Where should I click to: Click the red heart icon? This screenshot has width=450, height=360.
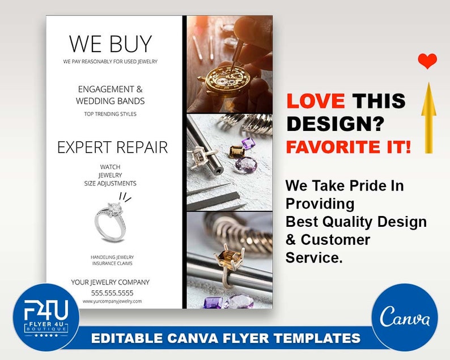tap(427, 61)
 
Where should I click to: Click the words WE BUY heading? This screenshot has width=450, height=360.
tap(111, 44)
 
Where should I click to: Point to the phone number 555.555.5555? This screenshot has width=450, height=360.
tap(112, 293)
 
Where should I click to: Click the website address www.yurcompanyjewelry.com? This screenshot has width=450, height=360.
tap(112, 302)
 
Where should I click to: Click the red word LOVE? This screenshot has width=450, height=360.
tap(316, 101)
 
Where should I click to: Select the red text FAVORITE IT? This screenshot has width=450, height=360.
tap(349, 147)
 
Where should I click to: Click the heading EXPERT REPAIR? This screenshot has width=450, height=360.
tap(112, 148)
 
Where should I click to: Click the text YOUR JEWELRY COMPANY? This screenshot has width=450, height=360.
tap(111, 282)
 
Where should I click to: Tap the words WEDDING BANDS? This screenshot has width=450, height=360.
tap(111, 101)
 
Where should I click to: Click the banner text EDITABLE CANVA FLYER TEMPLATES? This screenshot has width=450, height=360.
tap(226, 338)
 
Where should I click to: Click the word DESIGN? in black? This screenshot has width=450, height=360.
tap(336, 124)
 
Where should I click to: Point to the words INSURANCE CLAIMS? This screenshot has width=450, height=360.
tap(112, 264)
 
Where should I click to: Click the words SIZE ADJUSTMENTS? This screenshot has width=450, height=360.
tap(111, 184)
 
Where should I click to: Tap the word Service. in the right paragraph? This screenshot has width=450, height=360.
tap(314, 257)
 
